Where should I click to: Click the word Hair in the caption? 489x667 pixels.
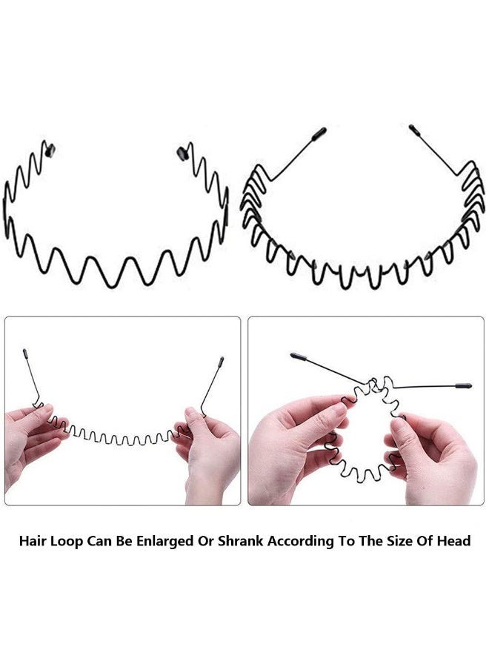tap(33, 541)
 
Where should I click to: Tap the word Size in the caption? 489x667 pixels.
tap(400, 541)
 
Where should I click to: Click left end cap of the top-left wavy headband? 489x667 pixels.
tap(50, 149)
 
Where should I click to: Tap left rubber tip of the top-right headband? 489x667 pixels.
tap(319, 133)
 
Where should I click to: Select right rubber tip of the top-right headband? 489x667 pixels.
tap(415, 130)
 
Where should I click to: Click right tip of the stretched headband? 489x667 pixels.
tap(221, 362)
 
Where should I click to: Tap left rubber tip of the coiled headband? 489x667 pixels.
tap(298, 356)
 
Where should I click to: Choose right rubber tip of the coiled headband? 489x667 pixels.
tap(463, 386)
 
